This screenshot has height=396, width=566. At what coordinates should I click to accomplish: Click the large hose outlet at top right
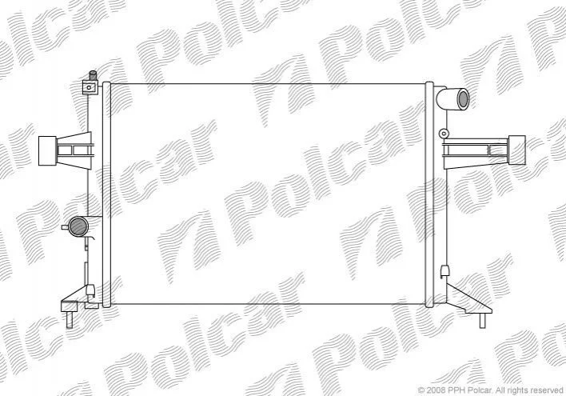coord(452,98)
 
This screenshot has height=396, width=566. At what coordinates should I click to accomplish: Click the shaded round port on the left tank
coord(78,226)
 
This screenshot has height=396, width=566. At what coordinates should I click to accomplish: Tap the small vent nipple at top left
coord(93,75)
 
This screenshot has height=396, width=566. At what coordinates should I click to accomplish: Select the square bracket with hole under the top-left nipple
coord(90,87)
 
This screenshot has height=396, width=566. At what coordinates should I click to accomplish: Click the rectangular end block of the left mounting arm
coord(47,150)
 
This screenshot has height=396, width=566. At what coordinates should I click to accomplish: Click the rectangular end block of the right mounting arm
coord(517,150)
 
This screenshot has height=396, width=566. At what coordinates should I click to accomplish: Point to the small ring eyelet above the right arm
coord(444,134)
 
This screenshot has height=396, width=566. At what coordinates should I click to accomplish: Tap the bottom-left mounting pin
coord(70,320)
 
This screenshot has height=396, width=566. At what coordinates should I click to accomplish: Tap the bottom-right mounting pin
coord(482,321)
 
